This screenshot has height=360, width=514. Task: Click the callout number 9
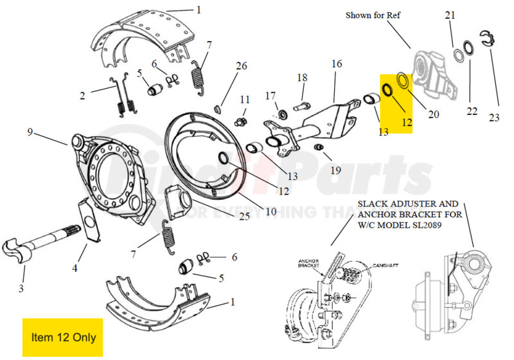tap(30, 132)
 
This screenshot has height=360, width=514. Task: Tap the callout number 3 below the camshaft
tap(21, 289)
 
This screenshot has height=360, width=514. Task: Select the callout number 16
tap(337, 64)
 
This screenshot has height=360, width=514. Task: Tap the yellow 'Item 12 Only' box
tap(63, 337)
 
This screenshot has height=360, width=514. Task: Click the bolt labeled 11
tap(242, 120)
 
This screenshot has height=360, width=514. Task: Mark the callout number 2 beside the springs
tap(83, 96)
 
